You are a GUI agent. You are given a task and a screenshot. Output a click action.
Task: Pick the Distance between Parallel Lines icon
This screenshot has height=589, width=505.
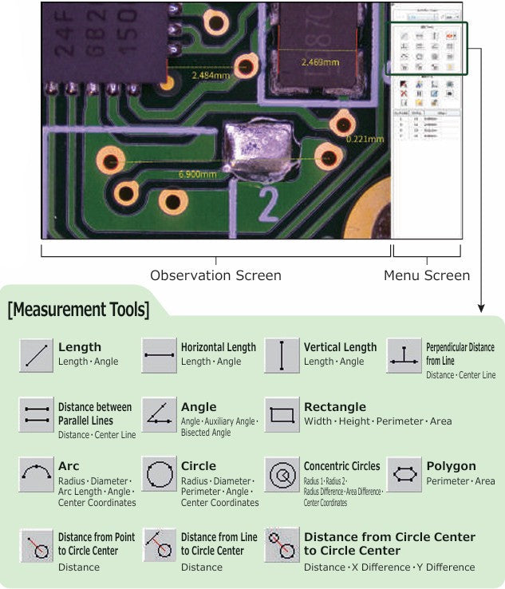pyautogui.click(x=36, y=415)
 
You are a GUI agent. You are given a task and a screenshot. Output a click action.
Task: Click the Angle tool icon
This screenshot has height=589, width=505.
pyautogui.click(x=159, y=415)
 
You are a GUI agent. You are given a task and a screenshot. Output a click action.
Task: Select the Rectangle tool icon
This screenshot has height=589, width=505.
pyautogui.click(x=282, y=415)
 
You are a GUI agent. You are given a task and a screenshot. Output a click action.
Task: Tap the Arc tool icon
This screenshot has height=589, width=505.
pyautogui.click(x=36, y=475)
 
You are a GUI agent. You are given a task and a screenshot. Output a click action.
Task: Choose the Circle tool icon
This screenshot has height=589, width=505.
pyautogui.click(x=159, y=475)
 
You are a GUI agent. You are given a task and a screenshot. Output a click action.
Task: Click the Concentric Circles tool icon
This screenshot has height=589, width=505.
pyautogui.click(x=282, y=475)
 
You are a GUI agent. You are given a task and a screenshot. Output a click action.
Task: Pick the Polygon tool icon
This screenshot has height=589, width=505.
pyautogui.click(x=404, y=475)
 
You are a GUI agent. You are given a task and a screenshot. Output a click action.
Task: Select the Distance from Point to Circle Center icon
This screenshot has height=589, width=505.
pyautogui.click(x=36, y=545)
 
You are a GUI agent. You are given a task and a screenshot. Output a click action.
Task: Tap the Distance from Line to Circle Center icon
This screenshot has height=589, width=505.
pyautogui.click(x=159, y=545)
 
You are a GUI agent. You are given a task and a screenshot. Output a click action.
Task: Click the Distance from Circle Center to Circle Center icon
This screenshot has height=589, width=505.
pyautogui.click(x=282, y=545)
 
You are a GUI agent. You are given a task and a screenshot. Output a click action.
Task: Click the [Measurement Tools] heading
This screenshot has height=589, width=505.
pyautogui.click(x=78, y=309)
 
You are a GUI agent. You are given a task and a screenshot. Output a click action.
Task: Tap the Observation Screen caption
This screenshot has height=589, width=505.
pyautogui.click(x=215, y=275)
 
